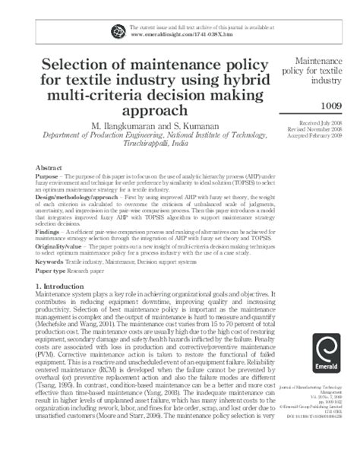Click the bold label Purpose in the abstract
pyautogui.click(x=48, y=176)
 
